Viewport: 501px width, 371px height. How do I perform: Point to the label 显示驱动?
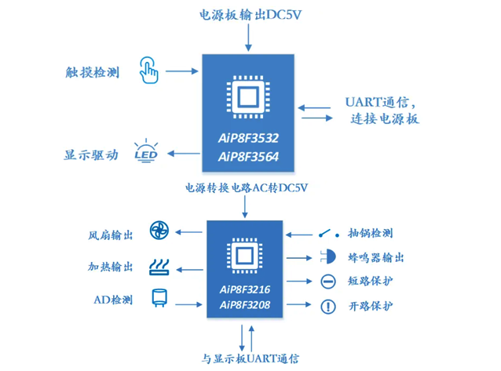coord(91,155)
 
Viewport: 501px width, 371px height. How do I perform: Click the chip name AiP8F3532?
coord(248,138)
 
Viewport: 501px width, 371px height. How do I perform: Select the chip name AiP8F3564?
coord(248,156)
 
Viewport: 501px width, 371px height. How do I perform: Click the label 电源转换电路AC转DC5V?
coord(247,188)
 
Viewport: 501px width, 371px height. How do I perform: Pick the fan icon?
coord(159,232)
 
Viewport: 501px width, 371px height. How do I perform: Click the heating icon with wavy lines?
coord(159,267)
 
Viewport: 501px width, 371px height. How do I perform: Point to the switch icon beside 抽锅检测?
coord(327,233)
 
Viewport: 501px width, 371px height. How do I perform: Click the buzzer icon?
coord(328,257)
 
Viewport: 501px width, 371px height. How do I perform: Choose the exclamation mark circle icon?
coord(328,307)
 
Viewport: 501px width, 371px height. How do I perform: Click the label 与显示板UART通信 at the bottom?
coord(251,358)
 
